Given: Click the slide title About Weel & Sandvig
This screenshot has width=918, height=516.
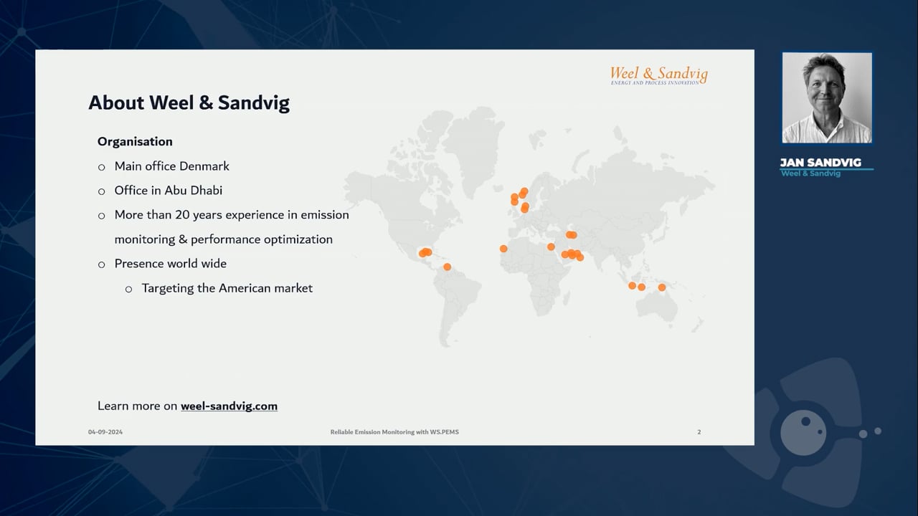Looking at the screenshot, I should tap(189, 103).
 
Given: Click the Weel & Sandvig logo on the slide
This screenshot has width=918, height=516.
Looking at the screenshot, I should tap(658, 75).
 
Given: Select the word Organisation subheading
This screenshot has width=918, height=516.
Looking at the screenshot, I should tap(135, 141).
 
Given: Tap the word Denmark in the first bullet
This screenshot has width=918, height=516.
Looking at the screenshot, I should tap(205, 166).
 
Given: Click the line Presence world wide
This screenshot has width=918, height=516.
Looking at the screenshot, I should tap(170, 264).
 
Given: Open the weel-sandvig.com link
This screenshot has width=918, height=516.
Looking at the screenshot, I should tap(229, 406).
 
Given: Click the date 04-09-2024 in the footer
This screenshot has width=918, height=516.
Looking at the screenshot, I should tap(105, 432).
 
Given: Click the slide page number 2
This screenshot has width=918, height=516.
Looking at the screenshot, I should tap(699, 432).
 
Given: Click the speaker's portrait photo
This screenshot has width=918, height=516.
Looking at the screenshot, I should tap(827, 98).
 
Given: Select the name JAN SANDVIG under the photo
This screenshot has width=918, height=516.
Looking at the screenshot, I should tap(820, 163).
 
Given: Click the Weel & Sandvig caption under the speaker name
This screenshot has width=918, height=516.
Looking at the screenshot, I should tap(810, 173).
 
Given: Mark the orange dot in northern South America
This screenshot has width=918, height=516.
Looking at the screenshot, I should tap(447, 267).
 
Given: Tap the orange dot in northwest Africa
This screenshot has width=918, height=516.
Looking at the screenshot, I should tap(503, 249).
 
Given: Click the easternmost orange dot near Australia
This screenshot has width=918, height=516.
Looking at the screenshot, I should tap(662, 287).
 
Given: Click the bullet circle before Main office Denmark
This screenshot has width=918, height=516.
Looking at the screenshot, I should tap(101, 167).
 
